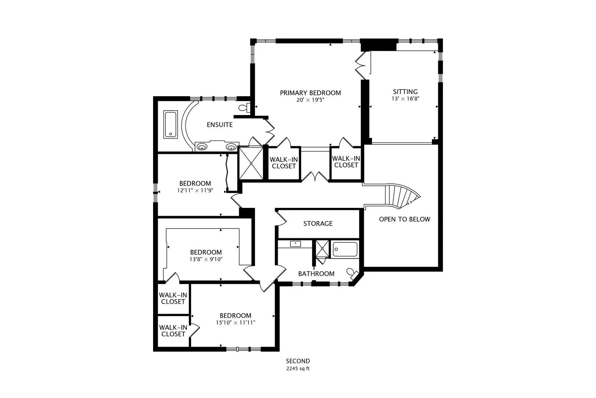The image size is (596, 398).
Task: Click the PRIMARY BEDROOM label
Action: coord(310,93)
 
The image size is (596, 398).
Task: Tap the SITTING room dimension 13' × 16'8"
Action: coord(405,99)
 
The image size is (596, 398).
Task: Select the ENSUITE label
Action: coord(220,125)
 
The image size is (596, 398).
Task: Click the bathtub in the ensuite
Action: coord(171,125)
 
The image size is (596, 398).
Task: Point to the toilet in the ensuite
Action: coord(244,108)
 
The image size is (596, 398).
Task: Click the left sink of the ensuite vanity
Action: coord(202,147)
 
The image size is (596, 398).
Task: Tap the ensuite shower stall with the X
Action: coord(251,163)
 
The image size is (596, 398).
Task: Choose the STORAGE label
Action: coord(318,223)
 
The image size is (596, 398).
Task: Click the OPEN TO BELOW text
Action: coord(405,219)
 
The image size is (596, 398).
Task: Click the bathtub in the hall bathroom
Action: coord(345,249)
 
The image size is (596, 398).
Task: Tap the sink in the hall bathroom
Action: coord(295,244)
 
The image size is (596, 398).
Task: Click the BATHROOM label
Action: coord(316,274)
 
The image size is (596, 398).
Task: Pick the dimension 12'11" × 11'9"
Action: coord(195,191)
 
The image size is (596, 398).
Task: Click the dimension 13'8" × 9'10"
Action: coord(206,259)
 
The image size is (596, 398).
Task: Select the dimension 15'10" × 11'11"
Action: coord(235,322)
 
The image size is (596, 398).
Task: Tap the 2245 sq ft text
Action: coord(298,369)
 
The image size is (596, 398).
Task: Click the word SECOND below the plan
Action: coord(298,361)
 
